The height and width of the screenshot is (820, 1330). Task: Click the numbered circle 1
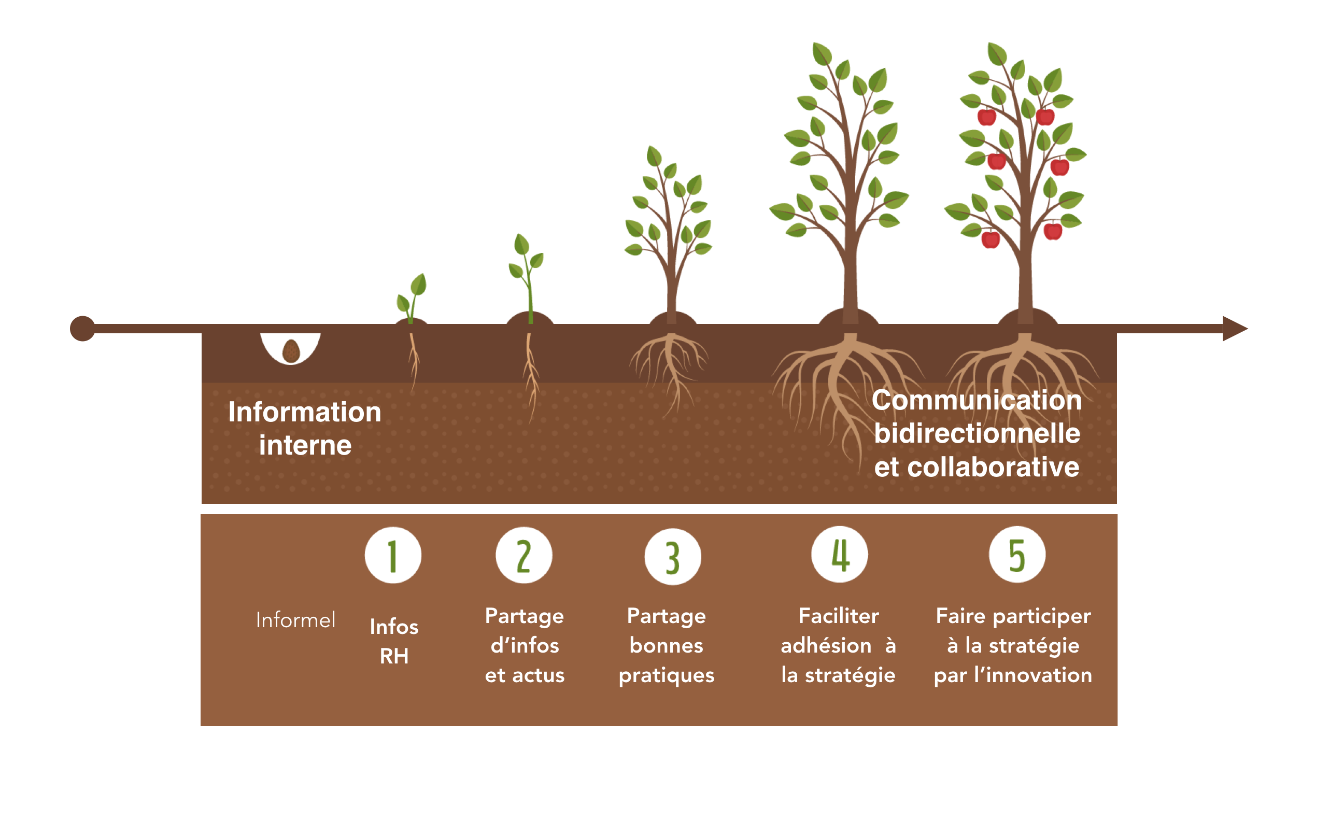click(392, 555)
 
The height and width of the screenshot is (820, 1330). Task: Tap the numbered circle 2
click(523, 555)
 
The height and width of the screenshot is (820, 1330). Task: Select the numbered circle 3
click(672, 557)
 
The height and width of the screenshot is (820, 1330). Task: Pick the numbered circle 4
click(839, 554)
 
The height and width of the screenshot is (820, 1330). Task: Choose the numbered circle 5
click(1016, 554)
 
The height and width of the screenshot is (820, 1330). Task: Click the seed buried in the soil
click(291, 351)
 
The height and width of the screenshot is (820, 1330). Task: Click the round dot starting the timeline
click(82, 329)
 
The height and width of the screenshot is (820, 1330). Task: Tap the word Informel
click(295, 620)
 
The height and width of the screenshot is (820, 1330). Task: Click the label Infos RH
click(394, 641)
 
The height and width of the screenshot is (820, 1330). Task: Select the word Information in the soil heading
click(305, 412)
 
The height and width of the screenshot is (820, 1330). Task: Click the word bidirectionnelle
click(977, 433)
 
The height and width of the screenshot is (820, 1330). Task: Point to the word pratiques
click(667, 675)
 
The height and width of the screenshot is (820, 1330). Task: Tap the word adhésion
click(826, 645)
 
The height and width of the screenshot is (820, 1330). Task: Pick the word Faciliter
click(839, 616)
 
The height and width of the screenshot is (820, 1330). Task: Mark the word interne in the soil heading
click(305, 445)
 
